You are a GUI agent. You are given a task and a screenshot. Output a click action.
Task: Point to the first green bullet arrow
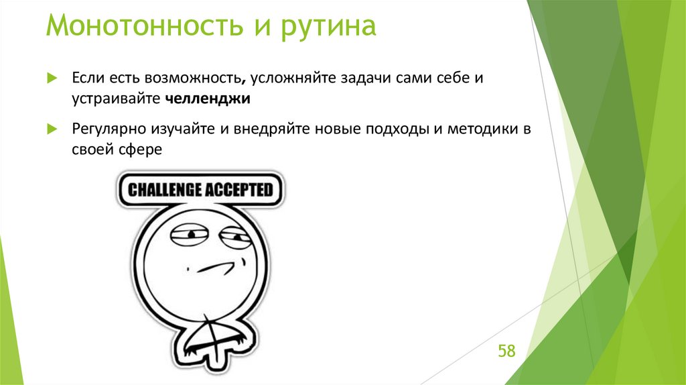tap(52, 79)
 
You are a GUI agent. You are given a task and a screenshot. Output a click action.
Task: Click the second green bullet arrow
tap(52, 129)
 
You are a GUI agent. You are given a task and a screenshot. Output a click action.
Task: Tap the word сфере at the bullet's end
tap(138, 150)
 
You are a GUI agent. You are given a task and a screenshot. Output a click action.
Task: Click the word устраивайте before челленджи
tap(115, 99)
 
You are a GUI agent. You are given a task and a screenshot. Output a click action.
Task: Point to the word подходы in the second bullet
tap(395, 129)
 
